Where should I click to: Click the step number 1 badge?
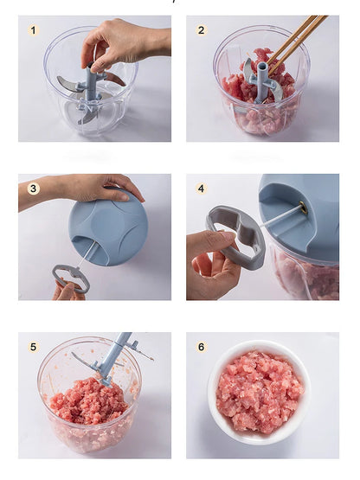34,30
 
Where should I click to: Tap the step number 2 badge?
202,30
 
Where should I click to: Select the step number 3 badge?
34,189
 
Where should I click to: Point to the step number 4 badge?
202,189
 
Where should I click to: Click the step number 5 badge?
34,347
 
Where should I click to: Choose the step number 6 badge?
202,347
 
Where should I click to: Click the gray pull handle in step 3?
71,278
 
